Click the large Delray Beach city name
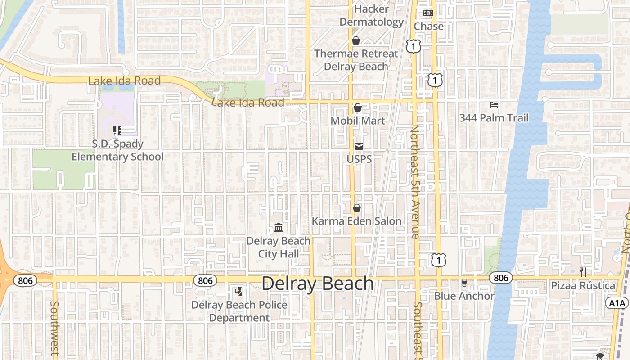pyautogui.click(x=318, y=283)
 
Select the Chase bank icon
pyautogui.click(x=428, y=13)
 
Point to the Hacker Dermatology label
pyautogui.click(x=372, y=15)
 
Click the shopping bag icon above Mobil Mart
pyautogui.click(x=358, y=108)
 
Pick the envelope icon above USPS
pyautogui.click(x=359, y=146)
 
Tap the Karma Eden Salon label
pyautogui.click(x=356, y=221)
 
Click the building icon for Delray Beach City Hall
pyautogui.click(x=279, y=228)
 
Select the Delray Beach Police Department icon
pyautogui.click(x=239, y=292)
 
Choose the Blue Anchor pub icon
pyautogui.click(x=464, y=283)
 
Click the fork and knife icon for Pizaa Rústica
pyautogui.click(x=583, y=272)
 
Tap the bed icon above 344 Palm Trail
pyautogui.click(x=494, y=105)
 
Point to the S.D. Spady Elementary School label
pyautogui.click(x=117, y=150)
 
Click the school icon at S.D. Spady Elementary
pyautogui.click(x=117, y=130)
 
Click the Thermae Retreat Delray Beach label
pyautogui.click(x=356, y=60)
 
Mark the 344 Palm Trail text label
pyautogui.click(x=494, y=118)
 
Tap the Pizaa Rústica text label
pyautogui.click(x=583, y=286)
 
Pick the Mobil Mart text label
pyautogui.click(x=358, y=121)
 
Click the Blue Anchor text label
pyautogui.click(x=464, y=296)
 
